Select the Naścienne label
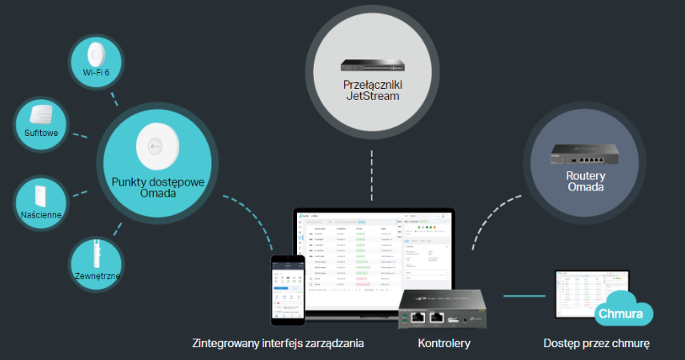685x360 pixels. click(x=41, y=215)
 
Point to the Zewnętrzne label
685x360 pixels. click(x=95, y=276)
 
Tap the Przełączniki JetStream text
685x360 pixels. click(x=371, y=90)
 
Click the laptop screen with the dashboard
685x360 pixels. click(x=372, y=252)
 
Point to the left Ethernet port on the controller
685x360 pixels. click(x=419, y=318)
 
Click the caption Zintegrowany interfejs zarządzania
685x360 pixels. click(x=278, y=343)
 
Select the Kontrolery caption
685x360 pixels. click(x=444, y=343)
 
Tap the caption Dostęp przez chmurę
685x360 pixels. click(x=595, y=343)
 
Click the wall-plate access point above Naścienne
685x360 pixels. click(x=41, y=194)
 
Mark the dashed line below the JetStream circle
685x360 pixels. click(x=371, y=174)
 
